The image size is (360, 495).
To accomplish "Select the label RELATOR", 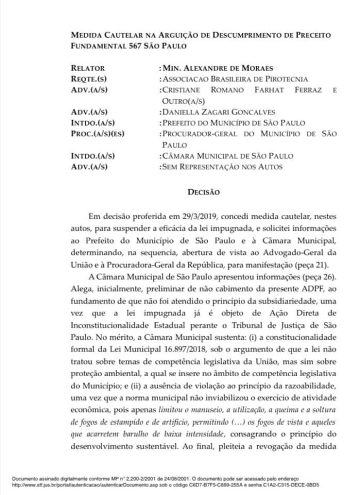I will pyautogui.click(x=87, y=69).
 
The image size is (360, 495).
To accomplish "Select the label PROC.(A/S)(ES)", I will pyautogui.click(x=97, y=133).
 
